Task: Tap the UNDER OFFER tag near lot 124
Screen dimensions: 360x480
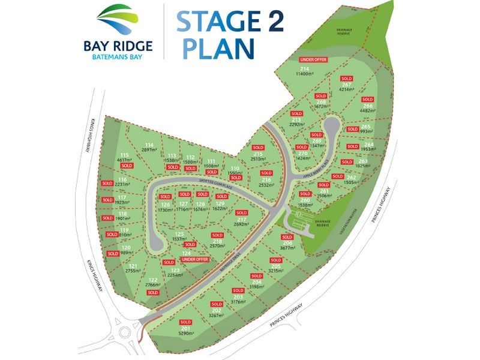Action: pos(194,259)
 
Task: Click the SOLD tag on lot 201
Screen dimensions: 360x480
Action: pos(185,323)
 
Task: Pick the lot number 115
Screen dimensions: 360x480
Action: pos(125,155)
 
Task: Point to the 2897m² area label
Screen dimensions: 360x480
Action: pos(149,151)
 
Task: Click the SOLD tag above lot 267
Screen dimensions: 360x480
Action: pos(346,79)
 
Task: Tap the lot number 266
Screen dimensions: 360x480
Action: pos(368,106)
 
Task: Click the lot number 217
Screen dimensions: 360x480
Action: pos(241,218)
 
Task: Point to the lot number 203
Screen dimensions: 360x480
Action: pos(238,298)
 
